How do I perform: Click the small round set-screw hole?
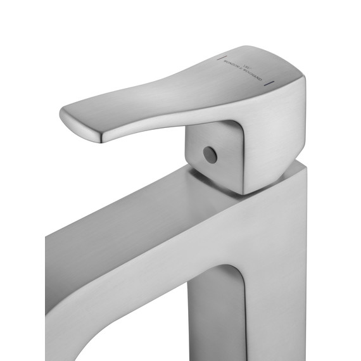pyautogui.click(x=208, y=155)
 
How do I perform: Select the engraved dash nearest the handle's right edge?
pyautogui.click(x=272, y=83)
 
